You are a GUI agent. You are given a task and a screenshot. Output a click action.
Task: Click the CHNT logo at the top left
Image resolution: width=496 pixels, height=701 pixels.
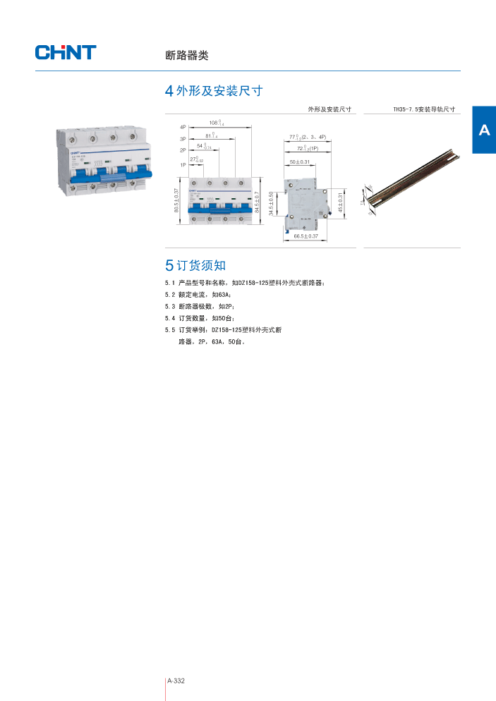coord(66,52)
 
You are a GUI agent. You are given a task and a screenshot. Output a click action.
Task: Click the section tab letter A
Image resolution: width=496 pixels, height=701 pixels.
coord(484,130)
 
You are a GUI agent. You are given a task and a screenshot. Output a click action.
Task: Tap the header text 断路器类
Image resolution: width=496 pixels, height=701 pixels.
coord(182,55)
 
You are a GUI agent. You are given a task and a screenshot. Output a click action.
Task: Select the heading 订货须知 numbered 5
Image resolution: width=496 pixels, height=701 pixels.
coord(195,265)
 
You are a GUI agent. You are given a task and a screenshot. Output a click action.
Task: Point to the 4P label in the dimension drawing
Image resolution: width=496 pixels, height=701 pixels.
coord(182,126)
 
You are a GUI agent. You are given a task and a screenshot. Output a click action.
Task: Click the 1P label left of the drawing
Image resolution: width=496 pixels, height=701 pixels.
coord(182,164)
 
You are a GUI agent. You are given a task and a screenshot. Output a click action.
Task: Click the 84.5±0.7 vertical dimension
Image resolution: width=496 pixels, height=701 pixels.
coord(258,202)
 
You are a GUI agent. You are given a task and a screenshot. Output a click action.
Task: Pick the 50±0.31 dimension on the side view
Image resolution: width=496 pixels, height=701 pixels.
coord(301,163)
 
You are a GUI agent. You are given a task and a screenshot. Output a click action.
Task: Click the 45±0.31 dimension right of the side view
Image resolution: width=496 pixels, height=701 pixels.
coord(339,203)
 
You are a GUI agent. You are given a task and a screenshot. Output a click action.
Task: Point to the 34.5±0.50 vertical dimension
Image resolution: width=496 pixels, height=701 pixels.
coord(272,204)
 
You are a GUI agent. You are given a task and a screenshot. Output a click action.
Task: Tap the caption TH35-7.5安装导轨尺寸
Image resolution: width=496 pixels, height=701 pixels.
coord(423,110)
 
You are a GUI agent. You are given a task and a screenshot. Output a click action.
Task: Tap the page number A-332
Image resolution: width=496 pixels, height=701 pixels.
coord(176,681)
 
